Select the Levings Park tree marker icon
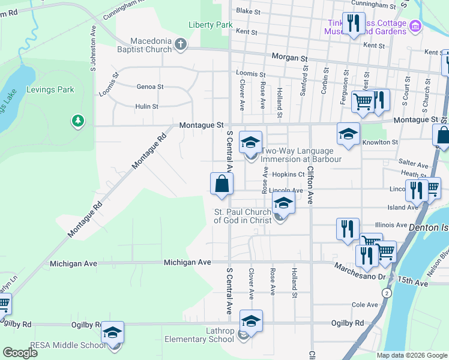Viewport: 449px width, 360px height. click(77, 121)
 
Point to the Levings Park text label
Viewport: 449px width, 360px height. click(50, 90)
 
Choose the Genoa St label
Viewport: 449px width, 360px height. click(150, 87)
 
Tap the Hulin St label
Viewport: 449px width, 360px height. click(146, 107)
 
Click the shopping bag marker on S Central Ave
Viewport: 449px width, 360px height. click(221, 184)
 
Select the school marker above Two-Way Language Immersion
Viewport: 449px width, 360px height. click(251, 143)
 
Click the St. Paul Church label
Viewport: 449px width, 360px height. click(243, 216)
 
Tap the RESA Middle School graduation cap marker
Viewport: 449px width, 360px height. click(112, 333)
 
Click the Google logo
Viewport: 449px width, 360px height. click(20, 353)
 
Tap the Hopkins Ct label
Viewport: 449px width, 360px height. click(289, 175)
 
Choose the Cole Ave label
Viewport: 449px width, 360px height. click(364, 305)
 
